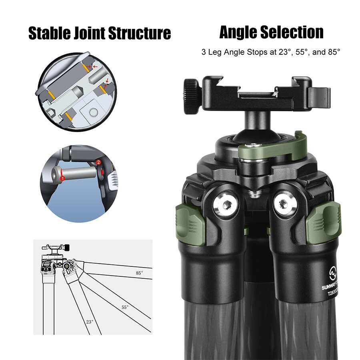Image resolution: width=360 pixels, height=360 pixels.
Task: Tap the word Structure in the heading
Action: tap(140, 34)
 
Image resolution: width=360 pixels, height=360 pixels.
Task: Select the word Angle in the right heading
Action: tap(238, 33)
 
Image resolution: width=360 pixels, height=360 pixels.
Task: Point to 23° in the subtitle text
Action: tap(285, 52)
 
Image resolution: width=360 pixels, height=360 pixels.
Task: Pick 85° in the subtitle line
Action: tap(334, 52)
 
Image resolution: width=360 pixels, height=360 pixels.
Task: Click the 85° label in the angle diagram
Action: tap(139, 273)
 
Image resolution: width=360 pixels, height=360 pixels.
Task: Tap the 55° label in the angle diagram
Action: tap(125, 307)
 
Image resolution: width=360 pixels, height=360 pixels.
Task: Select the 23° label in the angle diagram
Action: tap(90, 322)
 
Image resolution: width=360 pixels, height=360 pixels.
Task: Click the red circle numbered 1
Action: tap(62, 178)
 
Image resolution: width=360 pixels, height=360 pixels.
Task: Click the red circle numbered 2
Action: tap(98, 162)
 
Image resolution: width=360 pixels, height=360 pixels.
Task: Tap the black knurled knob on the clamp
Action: tap(191, 96)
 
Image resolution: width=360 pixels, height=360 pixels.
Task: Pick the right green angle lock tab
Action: tap(323, 224)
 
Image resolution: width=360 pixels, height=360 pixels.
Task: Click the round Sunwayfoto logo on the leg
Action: tap(333, 274)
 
